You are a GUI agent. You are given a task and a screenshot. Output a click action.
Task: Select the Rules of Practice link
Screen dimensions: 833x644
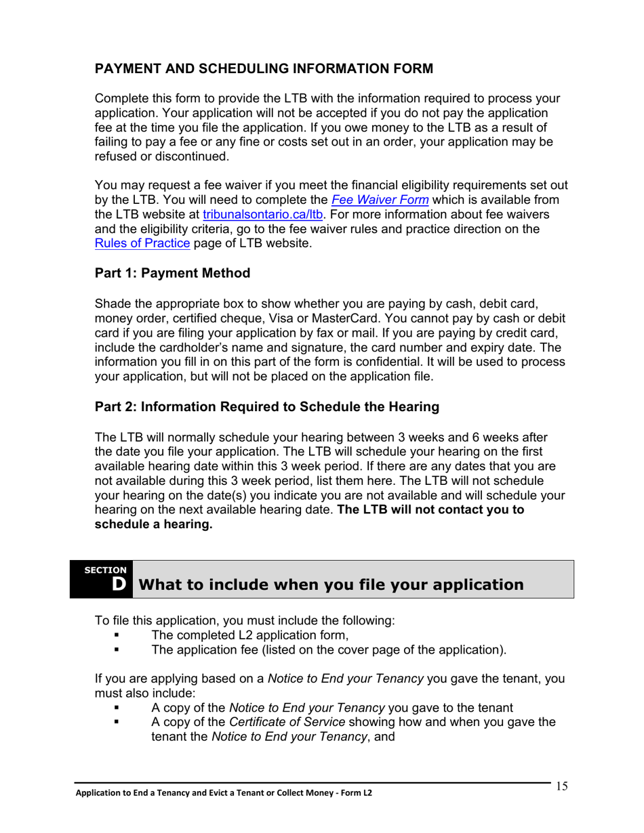142,244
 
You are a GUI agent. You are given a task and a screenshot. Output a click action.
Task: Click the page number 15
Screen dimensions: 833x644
561,786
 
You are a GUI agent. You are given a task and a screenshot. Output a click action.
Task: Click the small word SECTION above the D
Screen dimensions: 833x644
105,570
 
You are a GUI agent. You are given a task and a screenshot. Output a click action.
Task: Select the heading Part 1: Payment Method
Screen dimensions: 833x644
172,274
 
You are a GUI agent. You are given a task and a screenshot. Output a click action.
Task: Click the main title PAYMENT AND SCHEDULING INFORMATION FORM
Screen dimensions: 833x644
264,69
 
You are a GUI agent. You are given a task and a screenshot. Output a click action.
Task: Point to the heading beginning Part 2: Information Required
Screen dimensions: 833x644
266,407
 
